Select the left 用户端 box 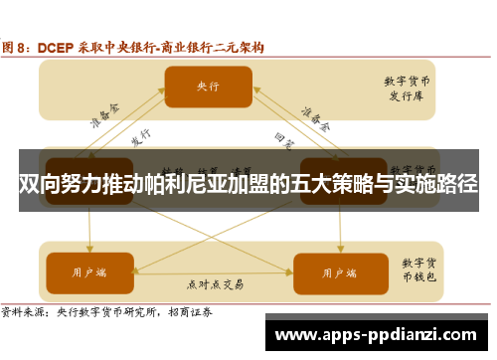click(90, 270)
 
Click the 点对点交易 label click(215, 283)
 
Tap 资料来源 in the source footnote click(24, 310)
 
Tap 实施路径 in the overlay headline click(438, 184)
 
